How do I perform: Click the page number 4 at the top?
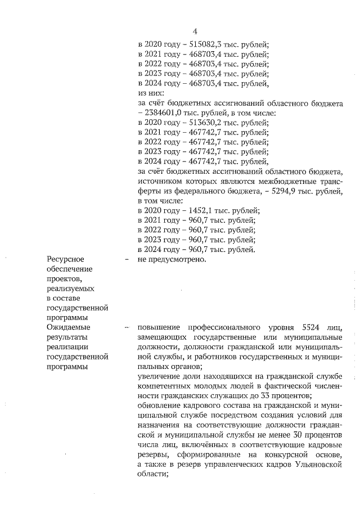(x=195, y=31)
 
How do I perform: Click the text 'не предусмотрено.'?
(x=173, y=259)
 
